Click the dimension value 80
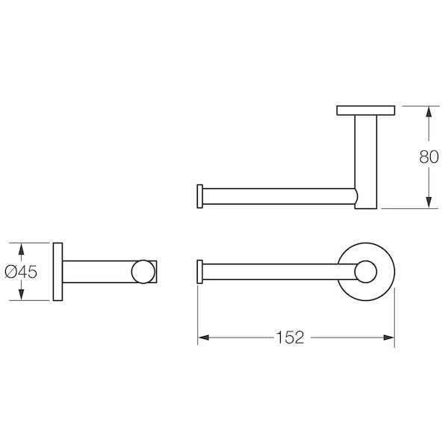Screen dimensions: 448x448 point(428,157)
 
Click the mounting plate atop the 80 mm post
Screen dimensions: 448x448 point(366,111)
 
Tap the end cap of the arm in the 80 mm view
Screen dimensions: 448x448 point(199,196)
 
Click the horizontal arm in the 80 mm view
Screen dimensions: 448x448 point(276,196)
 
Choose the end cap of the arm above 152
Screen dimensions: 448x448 point(199,272)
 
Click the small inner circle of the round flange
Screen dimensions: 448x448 point(366,272)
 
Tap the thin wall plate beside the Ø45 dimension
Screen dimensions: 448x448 point(57,272)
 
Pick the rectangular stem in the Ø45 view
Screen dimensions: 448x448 point(97,272)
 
